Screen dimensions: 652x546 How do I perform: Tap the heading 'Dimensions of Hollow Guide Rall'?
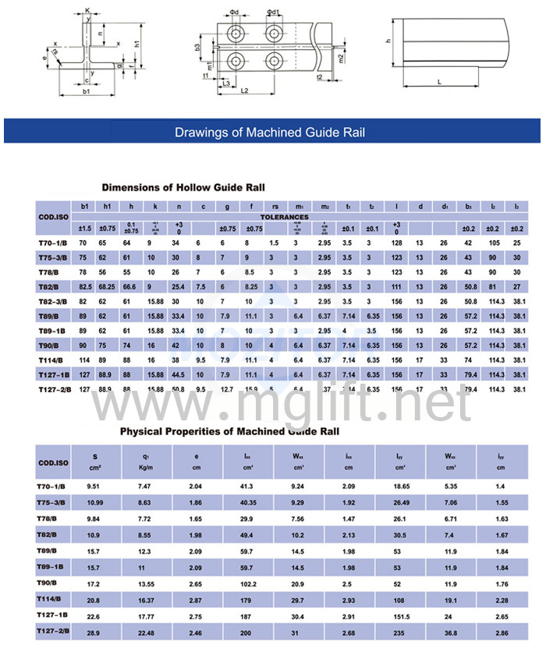(183, 187)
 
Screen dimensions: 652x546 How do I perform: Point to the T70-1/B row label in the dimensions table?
(54, 243)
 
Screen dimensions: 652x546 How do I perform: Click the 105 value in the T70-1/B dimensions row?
(493, 243)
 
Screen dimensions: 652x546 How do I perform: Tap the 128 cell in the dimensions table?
(396, 243)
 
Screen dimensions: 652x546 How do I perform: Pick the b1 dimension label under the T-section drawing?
(86, 92)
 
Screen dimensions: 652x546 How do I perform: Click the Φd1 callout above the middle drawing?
(272, 12)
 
